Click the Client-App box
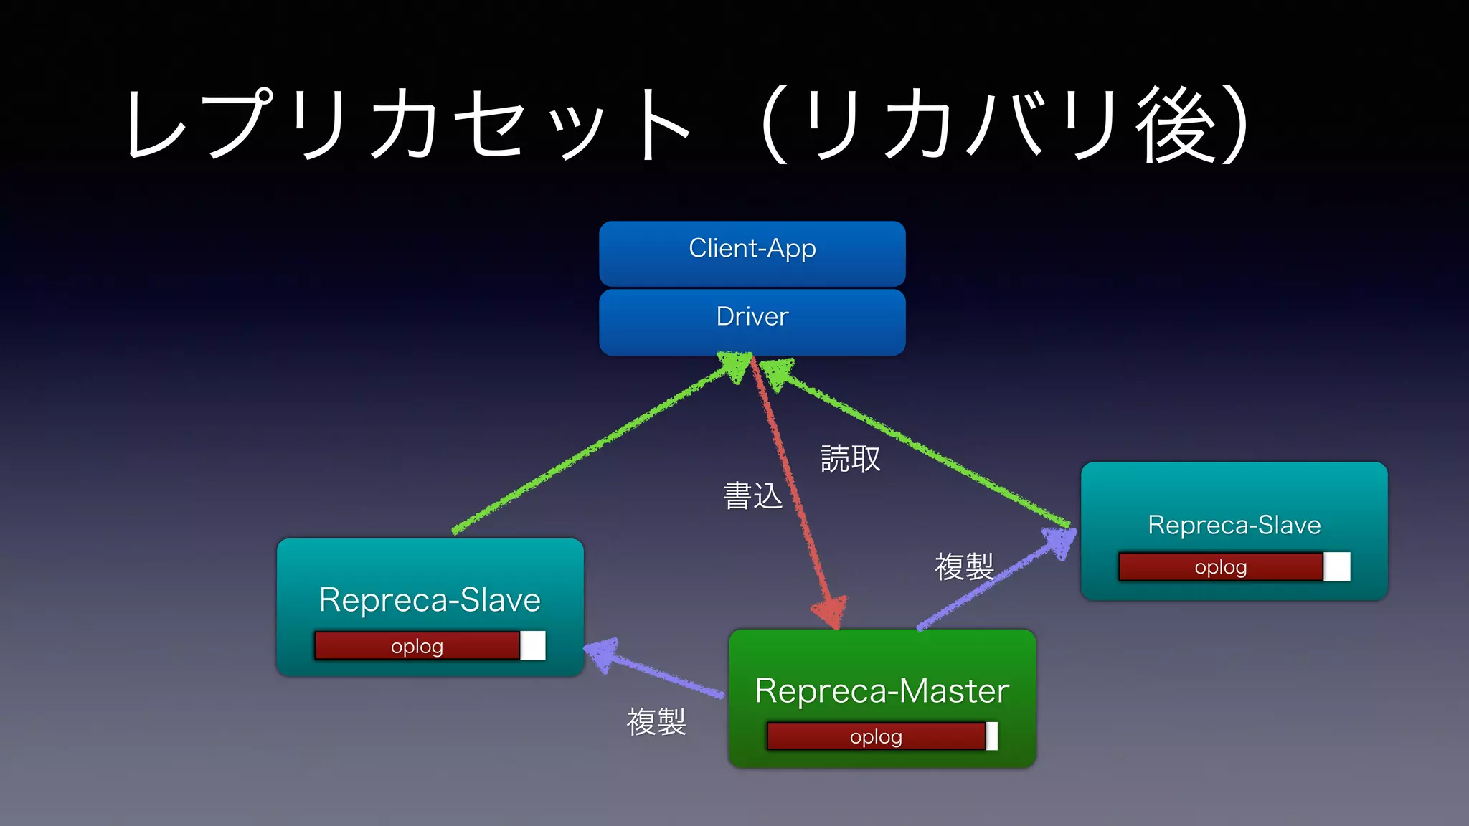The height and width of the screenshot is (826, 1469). (x=752, y=252)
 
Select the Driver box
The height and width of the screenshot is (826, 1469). (x=752, y=321)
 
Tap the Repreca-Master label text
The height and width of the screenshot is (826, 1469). (x=882, y=691)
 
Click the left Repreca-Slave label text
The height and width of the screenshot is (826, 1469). (x=430, y=600)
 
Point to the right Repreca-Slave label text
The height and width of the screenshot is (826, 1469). (x=1234, y=525)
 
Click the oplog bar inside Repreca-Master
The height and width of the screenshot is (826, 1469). (x=876, y=736)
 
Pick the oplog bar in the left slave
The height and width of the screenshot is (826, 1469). (x=417, y=646)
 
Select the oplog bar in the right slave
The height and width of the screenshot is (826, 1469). (x=1221, y=567)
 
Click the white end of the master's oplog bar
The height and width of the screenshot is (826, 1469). (x=992, y=736)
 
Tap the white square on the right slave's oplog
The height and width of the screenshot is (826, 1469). (x=1337, y=567)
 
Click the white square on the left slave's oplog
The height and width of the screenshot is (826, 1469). (x=533, y=646)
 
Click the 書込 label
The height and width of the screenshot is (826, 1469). (x=752, y=496)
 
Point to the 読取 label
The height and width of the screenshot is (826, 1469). (x=850, y=459)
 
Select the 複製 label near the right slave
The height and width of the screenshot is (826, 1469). (x=963, y=567)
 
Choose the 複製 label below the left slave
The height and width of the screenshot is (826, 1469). (x=656, y=722)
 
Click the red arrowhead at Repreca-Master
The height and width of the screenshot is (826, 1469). (x=831, y=612)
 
